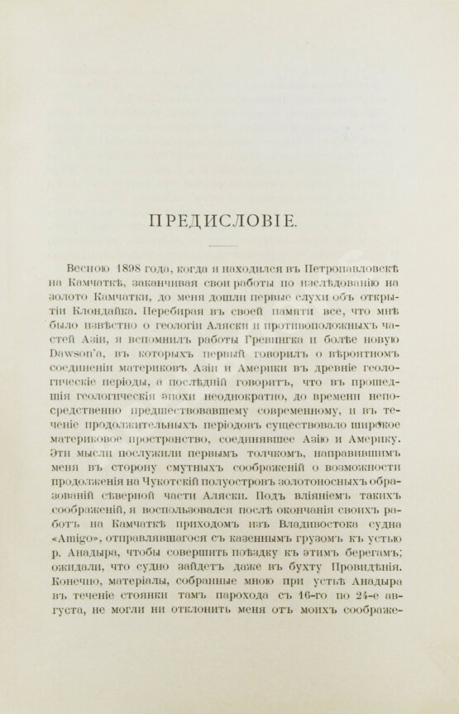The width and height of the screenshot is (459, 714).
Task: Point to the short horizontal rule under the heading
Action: point(229,246)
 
